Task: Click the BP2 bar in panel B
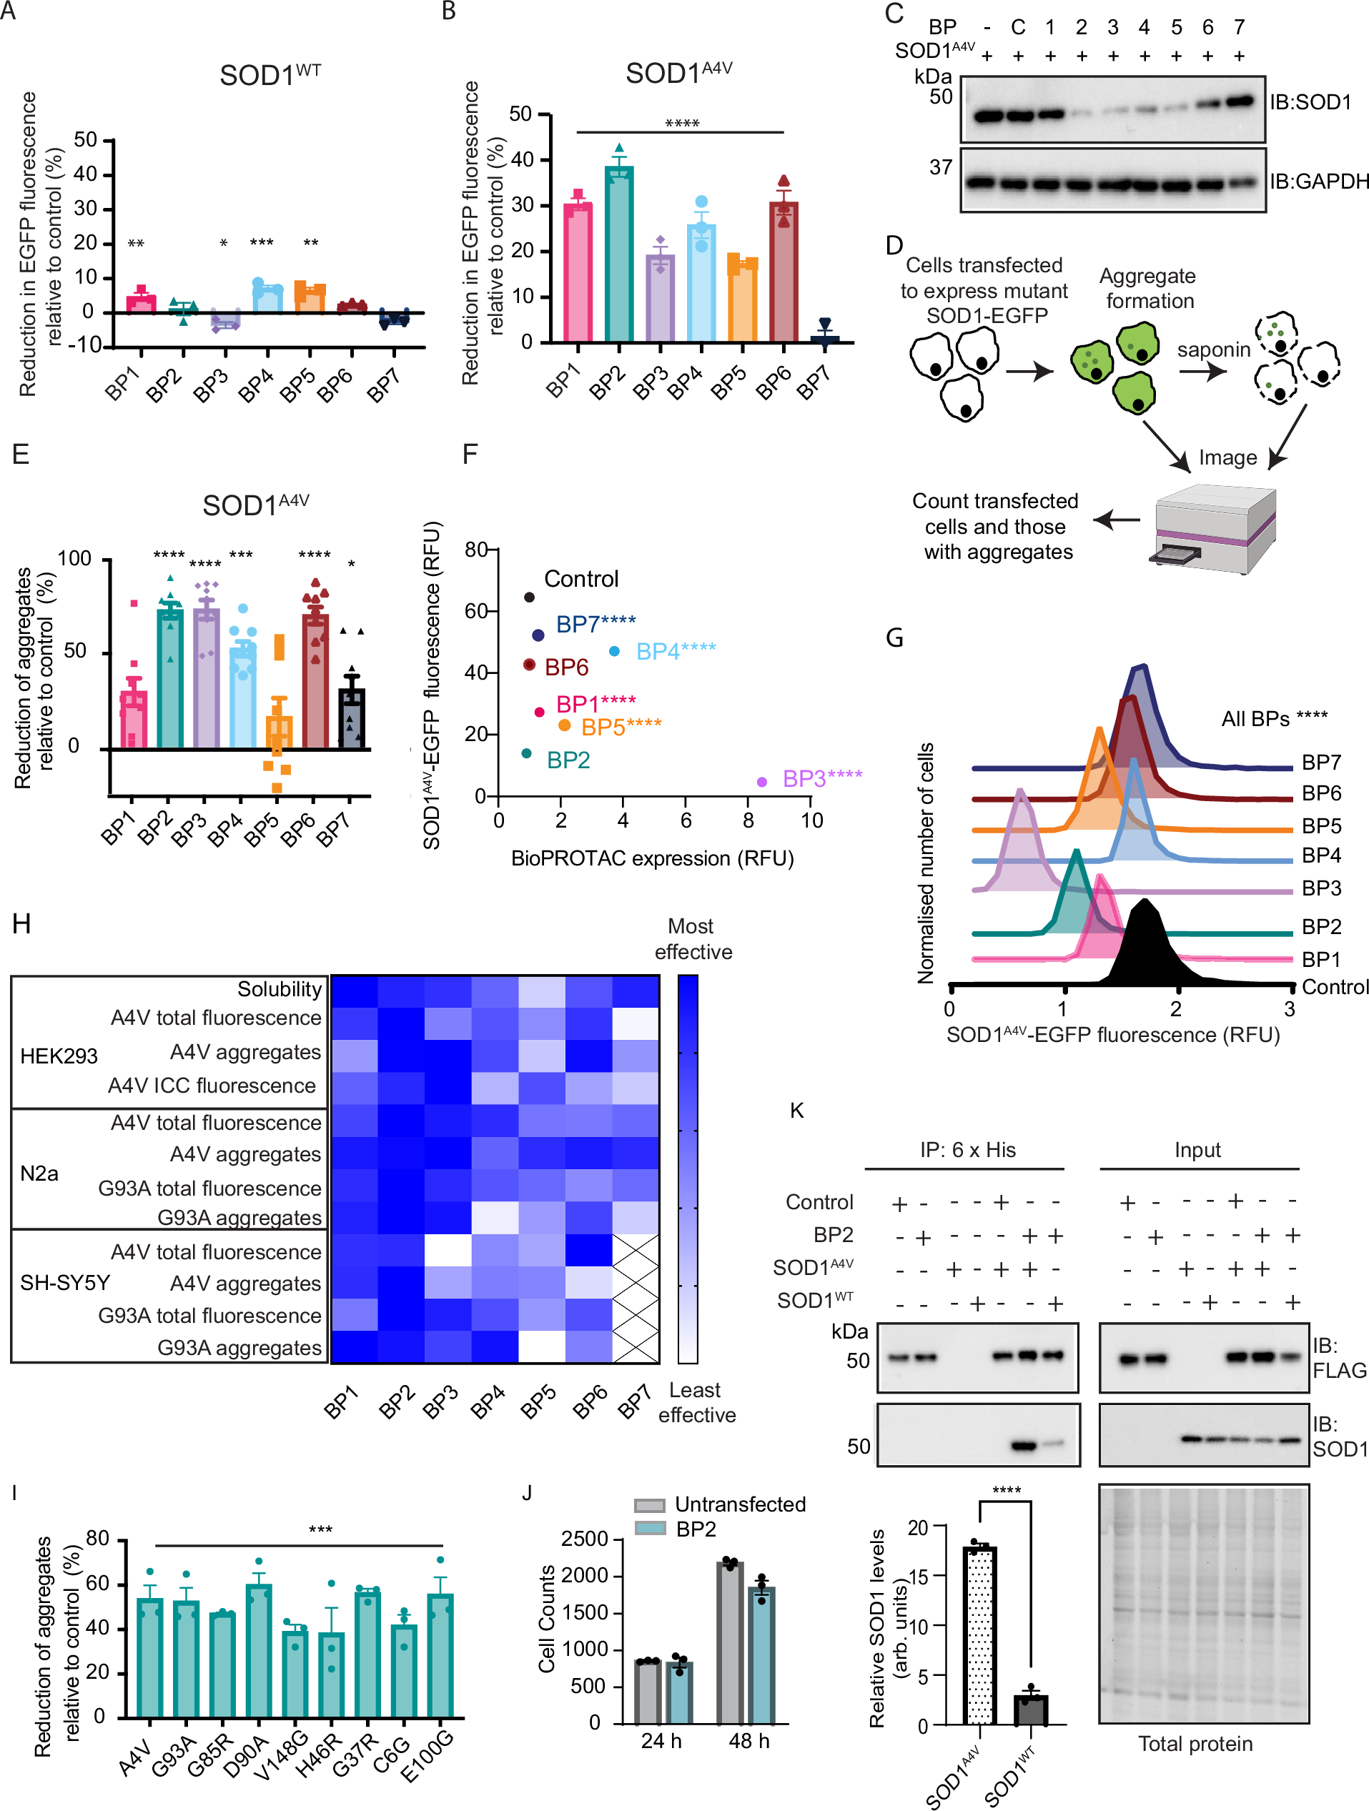619,254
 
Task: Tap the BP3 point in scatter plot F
761,782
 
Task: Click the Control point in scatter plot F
529,597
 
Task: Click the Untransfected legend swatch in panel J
649,1505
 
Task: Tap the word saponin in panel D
1213,349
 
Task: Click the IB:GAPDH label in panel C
1318,181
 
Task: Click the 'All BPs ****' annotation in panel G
1274,719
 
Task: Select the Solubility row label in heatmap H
280,989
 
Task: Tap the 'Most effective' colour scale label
693,939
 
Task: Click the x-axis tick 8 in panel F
748,820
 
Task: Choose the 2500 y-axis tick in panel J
584,1539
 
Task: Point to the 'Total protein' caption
1195,1744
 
